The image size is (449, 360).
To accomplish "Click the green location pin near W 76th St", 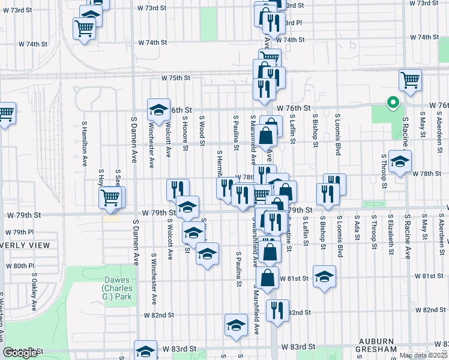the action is click(393, 103).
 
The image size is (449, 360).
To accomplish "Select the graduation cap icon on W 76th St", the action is click(159, 110).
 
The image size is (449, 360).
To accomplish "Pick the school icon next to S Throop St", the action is click(400, 161).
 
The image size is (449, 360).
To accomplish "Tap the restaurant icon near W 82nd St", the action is click(277, 310).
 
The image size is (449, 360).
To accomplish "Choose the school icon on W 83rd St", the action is click(146, 351).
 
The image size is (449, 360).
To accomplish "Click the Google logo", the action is click(20, 353).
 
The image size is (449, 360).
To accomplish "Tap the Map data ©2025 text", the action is click(423, 355).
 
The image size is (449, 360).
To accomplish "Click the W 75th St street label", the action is click(175, 78).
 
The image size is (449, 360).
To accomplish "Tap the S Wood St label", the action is click(202, 131).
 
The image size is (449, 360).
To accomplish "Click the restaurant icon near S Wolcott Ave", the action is click(178, 189).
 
